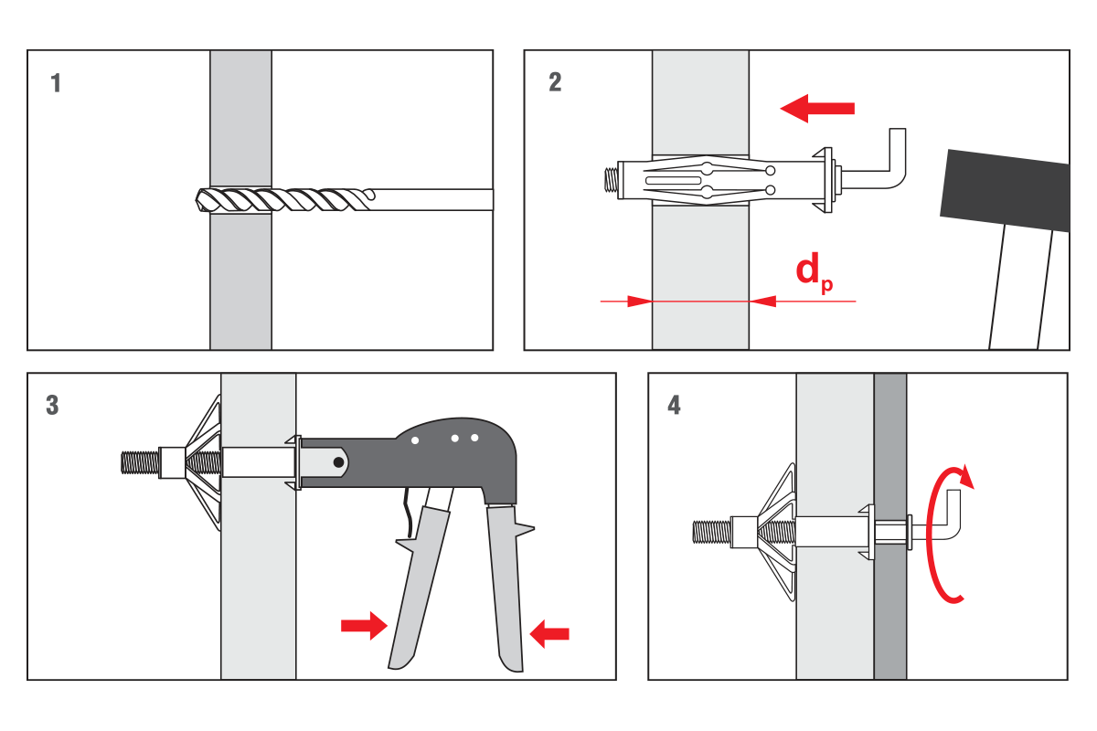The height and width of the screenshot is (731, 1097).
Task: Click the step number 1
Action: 57,83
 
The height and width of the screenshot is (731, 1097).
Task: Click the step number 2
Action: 555,83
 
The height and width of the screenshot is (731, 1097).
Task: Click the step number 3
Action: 52,406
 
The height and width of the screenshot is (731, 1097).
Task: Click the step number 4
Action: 674,405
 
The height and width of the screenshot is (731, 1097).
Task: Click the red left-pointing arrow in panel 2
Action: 817,108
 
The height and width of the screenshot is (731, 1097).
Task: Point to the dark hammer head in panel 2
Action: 1006,192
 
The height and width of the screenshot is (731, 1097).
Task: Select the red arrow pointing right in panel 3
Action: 363,626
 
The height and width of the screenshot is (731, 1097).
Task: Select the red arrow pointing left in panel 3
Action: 549,632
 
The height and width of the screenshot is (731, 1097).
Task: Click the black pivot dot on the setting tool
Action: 338,463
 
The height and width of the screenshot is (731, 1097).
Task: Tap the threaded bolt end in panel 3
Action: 140,462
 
